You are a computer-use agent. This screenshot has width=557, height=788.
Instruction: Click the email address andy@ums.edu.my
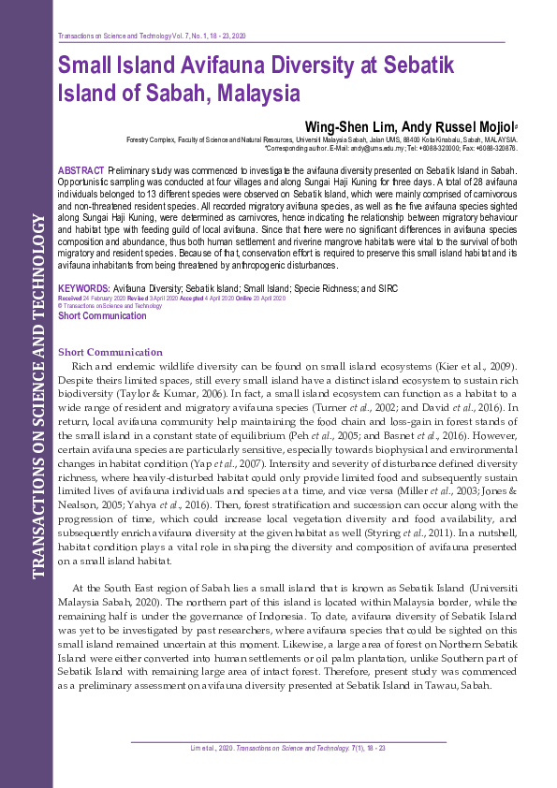click(x=379, y=149)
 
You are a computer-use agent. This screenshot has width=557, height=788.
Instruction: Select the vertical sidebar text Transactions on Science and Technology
click(x=39, y=409)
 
